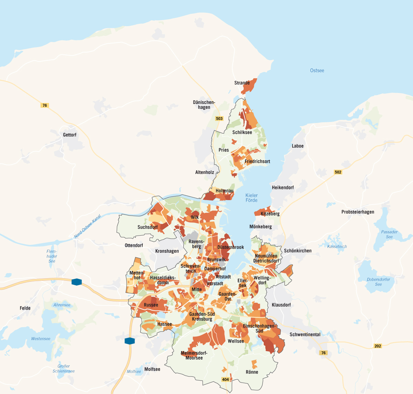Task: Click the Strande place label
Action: coord(242,83)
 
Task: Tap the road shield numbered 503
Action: coord(219,118)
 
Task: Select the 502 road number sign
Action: coord(338,172)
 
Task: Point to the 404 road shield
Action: coord(225,380)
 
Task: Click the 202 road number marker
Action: coord(378,346)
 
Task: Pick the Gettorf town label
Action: coord(70,135)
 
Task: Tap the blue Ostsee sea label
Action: coord(317,71)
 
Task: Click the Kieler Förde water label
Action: coord(252,198)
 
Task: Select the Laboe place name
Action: coord(298,146)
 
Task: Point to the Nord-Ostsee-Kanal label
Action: coord(88,226)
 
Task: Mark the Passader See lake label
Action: coord(389,234)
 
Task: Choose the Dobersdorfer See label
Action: coord(379,282)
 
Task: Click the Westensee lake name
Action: coord(41,339)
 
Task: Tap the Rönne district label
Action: coord(252,372)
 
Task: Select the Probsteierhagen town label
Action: coord(358,212)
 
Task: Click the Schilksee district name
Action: coord(242,132)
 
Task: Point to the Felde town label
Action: coord(25,308)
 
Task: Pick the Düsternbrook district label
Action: coord(231,247)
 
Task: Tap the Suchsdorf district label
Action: coord(148,227)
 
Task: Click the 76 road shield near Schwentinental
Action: coord(323,353)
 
